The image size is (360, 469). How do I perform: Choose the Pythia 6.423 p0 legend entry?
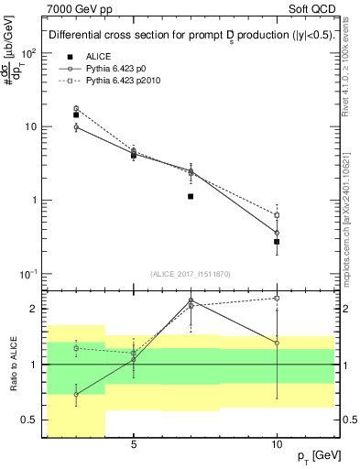(119, 69)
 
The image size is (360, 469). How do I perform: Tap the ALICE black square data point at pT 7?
(191, 196)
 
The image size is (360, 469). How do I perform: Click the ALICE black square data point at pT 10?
(277, 242)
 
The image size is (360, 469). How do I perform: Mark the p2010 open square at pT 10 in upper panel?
(277, 215)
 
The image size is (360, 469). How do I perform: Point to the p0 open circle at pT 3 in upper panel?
(76, 126)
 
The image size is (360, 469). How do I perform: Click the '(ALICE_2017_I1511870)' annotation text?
(191, 274)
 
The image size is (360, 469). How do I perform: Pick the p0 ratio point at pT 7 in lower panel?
(191, 300)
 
